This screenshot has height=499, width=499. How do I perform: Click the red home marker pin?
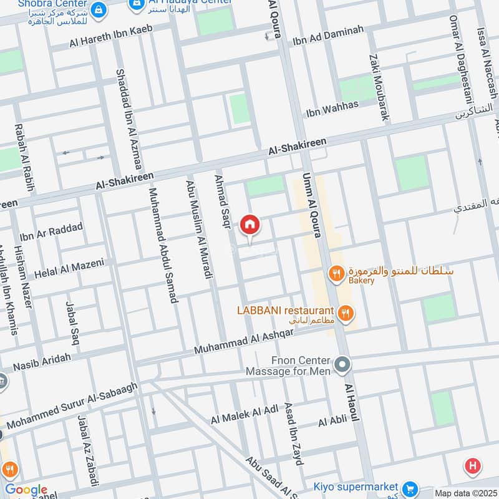[250, 225]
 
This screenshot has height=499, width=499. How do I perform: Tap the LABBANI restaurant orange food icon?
[344, 311]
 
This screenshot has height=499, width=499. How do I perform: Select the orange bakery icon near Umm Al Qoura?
[336, 273]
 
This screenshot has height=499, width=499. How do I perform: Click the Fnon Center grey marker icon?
[342, 364]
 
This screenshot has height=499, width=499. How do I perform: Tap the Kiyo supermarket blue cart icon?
[410, 487]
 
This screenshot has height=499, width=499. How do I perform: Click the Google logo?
[26, 490]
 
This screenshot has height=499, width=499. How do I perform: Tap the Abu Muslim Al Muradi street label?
[198, 229]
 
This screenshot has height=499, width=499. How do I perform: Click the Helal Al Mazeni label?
[69, 269]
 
